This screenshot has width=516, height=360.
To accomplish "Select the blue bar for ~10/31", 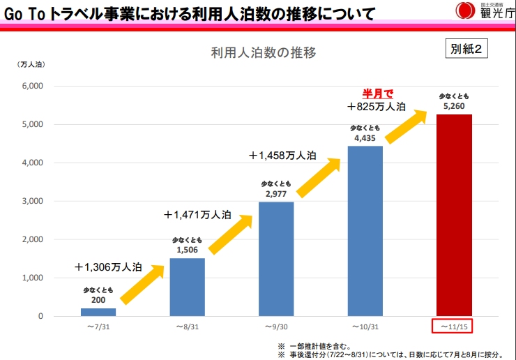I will pos(365,231).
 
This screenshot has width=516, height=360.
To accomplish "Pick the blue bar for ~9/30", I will pos(276,259).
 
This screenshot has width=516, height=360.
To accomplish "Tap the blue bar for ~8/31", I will pos(188,287).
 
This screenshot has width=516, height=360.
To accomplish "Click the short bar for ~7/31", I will pos(98,312).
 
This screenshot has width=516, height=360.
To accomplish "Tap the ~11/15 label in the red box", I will pos(454,327).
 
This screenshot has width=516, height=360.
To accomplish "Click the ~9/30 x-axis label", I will pos(276,327).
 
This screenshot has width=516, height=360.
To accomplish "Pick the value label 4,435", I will pos(365,138).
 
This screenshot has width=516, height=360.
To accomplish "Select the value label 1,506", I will pos(188,250).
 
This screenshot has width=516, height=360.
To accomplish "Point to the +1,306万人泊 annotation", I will pos(109,267).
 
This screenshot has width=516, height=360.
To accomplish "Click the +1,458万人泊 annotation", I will pos(282,156).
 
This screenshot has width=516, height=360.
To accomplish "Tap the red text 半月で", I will pos(377,93).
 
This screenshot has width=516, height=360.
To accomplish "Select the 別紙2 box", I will pos(466,50).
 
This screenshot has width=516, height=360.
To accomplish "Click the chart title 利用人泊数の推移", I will pos(264,53).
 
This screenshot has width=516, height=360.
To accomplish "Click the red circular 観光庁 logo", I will pos(462,10).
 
